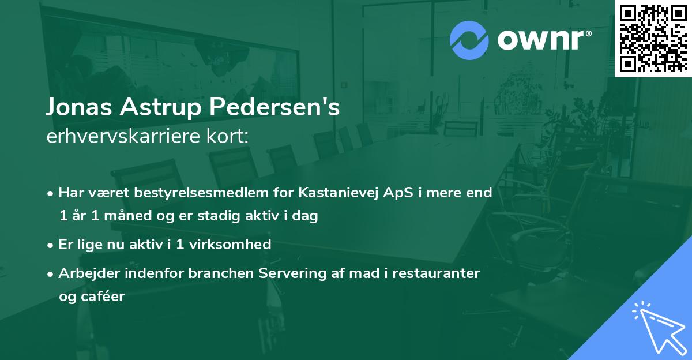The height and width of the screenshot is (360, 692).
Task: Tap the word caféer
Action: point(104,297)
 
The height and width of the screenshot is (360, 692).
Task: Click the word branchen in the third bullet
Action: point(218,273)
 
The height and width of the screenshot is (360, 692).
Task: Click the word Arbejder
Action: point(87,273)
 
